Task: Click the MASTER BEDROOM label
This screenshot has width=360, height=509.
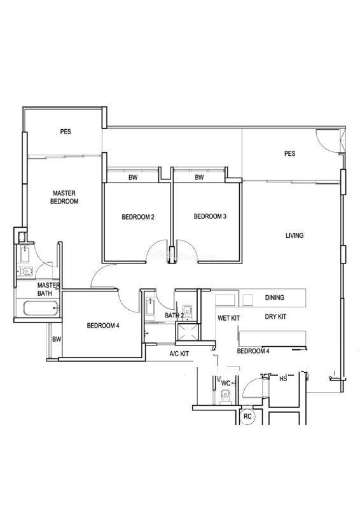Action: [64, 197]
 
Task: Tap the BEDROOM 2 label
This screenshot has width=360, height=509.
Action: [137, 217]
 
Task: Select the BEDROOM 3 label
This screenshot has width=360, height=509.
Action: [210, 216]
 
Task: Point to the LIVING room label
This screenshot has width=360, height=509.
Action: [294, 235]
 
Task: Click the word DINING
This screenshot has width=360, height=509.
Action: [275, 297]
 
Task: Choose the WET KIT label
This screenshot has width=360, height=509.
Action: [228, 318]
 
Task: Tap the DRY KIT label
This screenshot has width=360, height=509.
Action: [275, 316]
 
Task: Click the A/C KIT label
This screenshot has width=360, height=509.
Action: [179, 354]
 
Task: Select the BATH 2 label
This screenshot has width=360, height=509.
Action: [174, 315]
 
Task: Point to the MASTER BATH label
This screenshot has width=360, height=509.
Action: [48, 289]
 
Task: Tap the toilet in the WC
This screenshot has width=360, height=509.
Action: [225, 397]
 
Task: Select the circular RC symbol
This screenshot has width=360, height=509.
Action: [247, 417]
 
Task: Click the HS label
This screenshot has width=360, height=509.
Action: [283, 379]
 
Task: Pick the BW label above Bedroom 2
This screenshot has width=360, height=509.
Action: [133, 178]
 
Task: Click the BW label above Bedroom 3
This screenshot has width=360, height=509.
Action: [199, 178]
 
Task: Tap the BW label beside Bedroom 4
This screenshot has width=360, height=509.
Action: [57, 340]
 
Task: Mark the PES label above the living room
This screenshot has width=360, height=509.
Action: [289, 153]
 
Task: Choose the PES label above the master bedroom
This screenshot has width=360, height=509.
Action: [66, 132]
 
